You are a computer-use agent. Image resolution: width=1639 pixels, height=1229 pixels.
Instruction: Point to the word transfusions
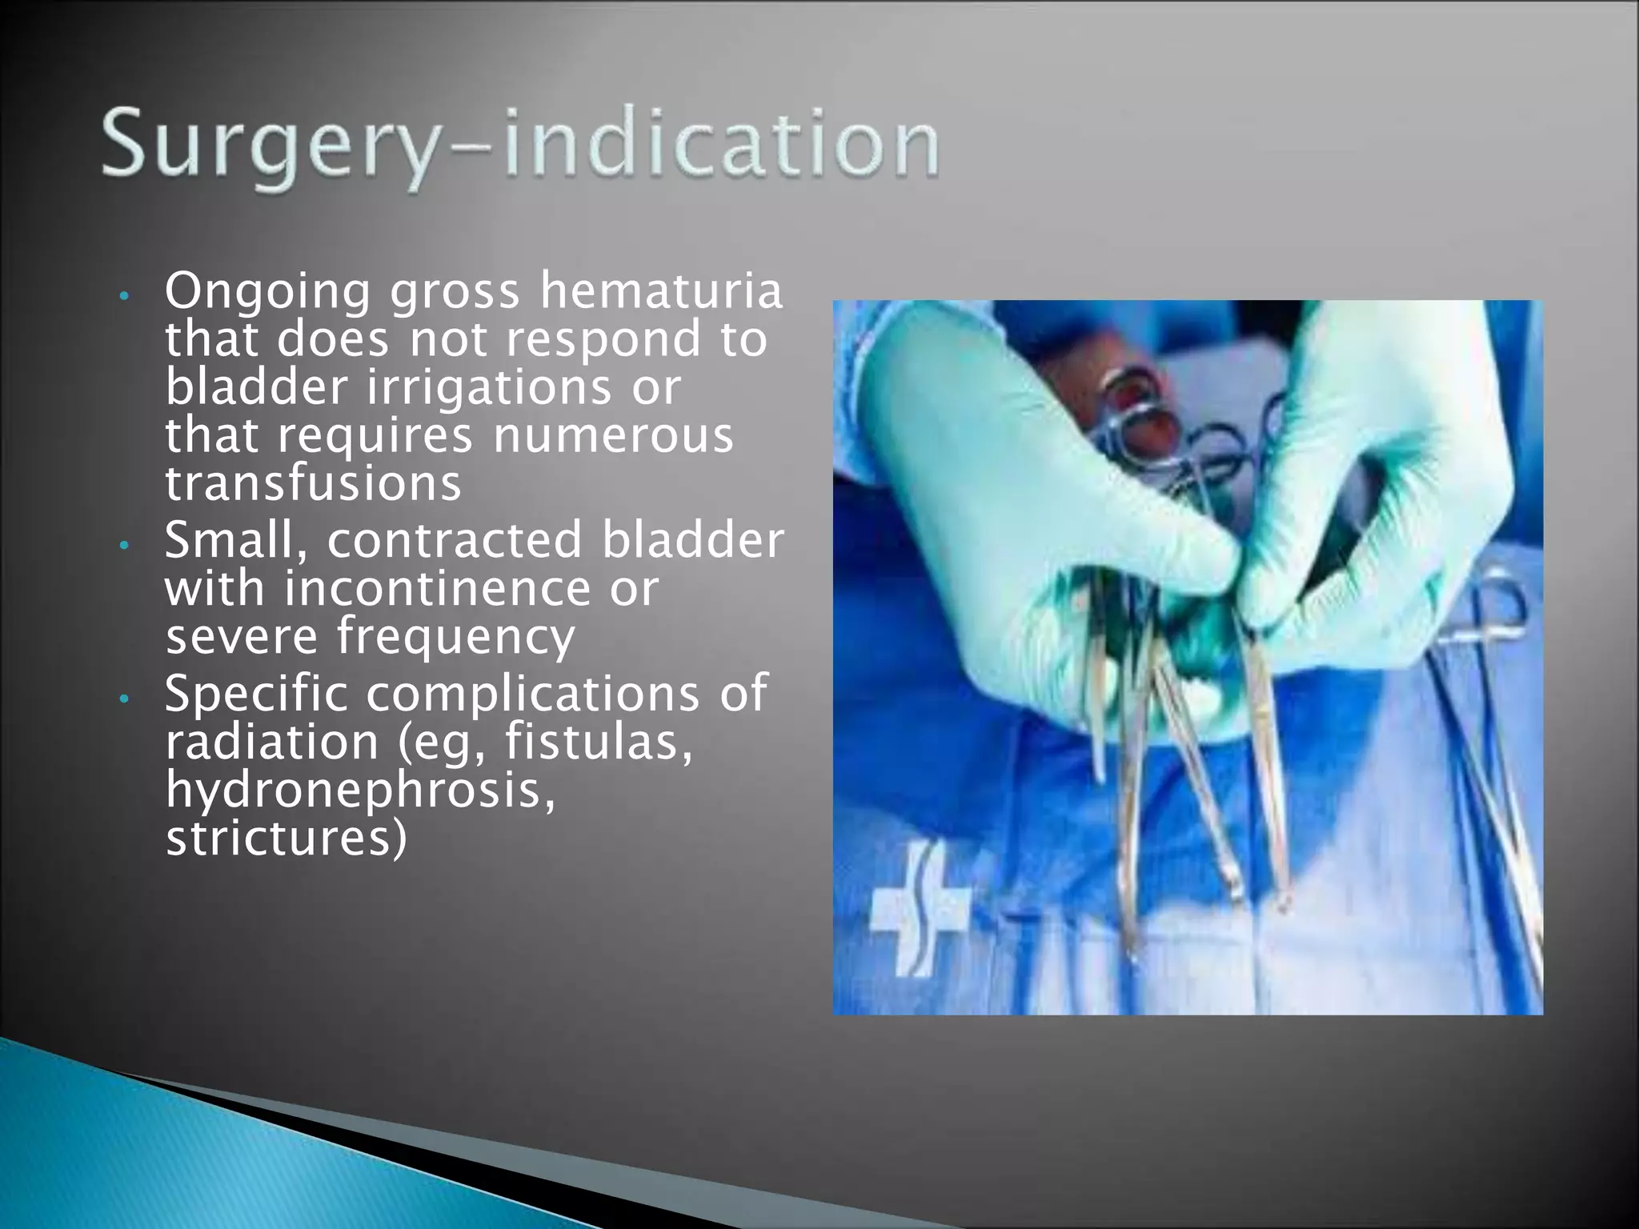(313, 484)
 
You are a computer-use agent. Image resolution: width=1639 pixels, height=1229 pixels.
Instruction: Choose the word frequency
(455, 637)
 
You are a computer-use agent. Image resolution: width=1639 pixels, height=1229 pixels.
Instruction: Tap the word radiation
(271, 742)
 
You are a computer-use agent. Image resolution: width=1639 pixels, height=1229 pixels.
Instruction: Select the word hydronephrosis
(360, 791)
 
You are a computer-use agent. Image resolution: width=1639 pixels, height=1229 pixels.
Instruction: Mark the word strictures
(286, 839)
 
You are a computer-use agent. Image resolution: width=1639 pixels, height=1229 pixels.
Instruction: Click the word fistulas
(598, 742)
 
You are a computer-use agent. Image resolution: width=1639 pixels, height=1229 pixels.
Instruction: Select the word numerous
(613, 436)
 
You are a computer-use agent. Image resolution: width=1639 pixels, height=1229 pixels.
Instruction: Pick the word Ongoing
(267, 293)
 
